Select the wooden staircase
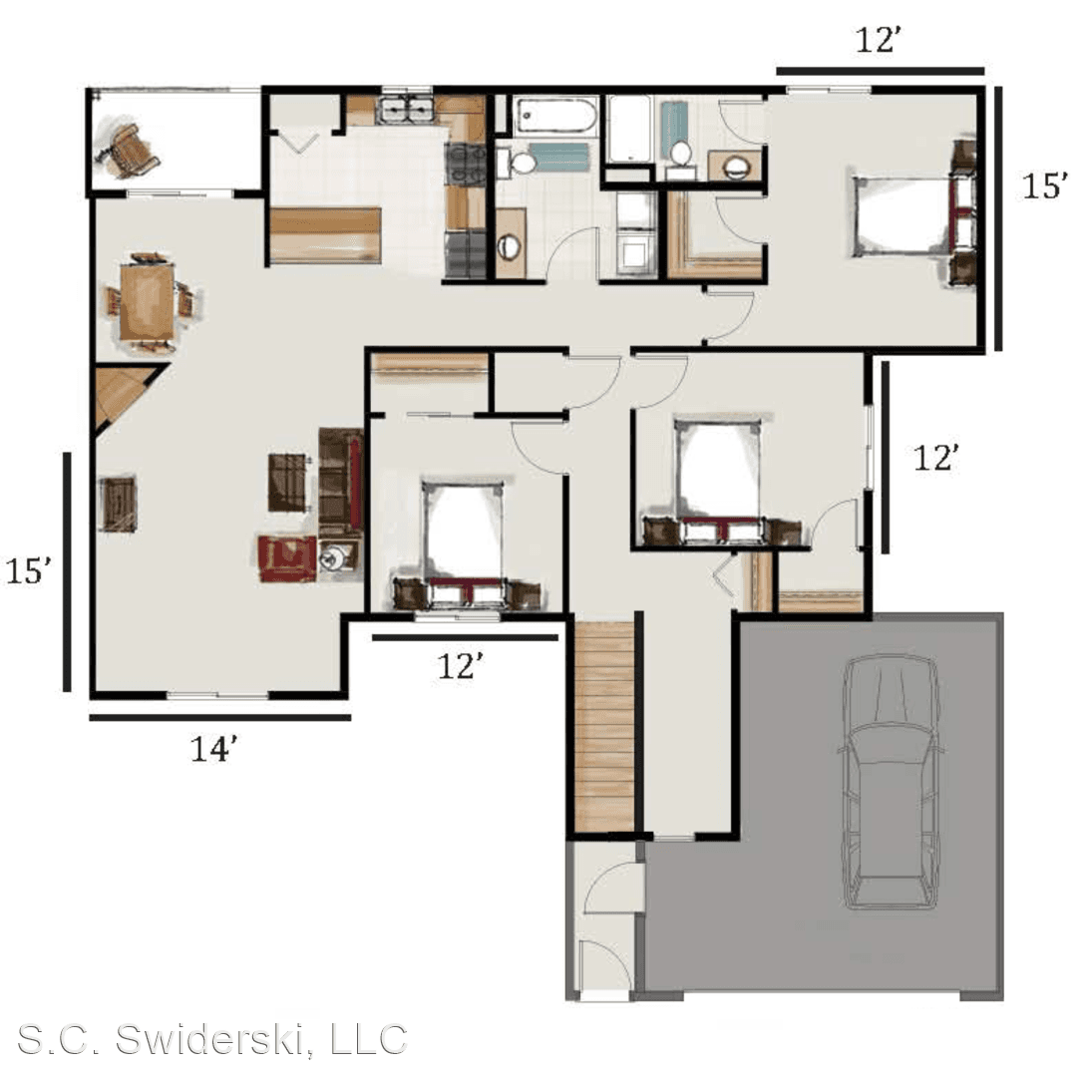pyautogui.click(x=603, y=727)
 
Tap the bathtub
pyautogui.click(x=555, y=116)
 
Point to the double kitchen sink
pyautogui.click(x=407, y=110)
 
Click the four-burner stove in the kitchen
pyautogui.click(x=466, y=164)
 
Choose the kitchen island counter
pyautogui.click(x=325, y=235)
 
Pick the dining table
pyautogui.click(x=147, y=301)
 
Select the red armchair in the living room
pyautogui.click(x=288, y=557)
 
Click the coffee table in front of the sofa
pyautogui.click(x=287, y=482)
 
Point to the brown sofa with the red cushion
pyautogui.click(x=341, y=482)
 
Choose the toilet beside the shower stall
pyautogui.click(x=681, y=154)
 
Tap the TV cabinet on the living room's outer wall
pyautogui.click(x=118, y=504)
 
